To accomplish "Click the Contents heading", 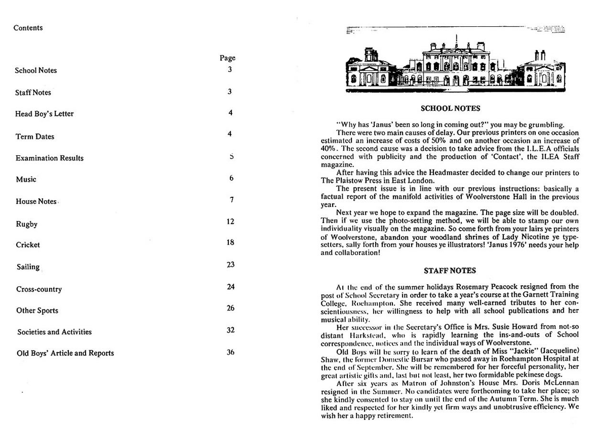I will click(28, 28).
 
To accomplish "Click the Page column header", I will click(228, 58).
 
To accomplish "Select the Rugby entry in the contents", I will click(26, 224).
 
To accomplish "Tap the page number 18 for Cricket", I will click(230, 242).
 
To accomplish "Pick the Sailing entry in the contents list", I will click(28, 267).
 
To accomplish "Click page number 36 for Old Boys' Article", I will click(230, 353).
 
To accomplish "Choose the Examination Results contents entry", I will click(49, 158).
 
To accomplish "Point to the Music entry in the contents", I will click(26, 180).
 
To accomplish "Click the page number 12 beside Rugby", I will click(230, 221).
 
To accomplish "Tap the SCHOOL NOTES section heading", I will click(450, 108).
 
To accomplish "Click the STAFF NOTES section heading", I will click(450, 271).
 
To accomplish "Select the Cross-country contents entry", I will click(39, 289).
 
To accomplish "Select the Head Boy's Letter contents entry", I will click(44, 114).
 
